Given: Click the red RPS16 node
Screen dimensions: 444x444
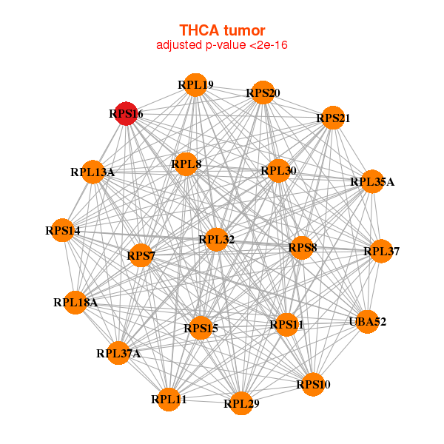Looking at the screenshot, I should pos(127,114).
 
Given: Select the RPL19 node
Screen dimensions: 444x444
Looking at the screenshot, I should pos(195,85).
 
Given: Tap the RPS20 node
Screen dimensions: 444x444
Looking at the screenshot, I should pos(263,93).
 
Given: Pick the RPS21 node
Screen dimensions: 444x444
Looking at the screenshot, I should pos(333,118).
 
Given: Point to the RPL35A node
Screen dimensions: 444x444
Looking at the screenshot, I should pos(372,181).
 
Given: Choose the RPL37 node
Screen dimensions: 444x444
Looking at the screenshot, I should pos(381,252).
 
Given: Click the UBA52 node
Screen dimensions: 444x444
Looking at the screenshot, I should pos(368,322).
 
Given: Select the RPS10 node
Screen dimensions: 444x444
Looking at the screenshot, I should pos(314,384).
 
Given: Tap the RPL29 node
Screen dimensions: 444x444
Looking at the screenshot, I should pos(241,403).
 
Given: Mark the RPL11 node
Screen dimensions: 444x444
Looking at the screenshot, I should pos(169,400).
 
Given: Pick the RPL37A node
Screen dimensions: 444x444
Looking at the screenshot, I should pos(118,353).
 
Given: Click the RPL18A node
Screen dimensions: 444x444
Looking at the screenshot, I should pos(75,302).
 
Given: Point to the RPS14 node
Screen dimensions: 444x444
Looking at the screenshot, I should pos(63,231).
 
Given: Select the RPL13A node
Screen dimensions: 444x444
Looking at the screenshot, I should pos(92,172).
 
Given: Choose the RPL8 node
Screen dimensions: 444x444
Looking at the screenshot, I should pos(186,164).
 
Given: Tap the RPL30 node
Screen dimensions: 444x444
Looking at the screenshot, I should pos(278,171).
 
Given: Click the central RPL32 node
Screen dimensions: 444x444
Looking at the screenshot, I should pos(216,239).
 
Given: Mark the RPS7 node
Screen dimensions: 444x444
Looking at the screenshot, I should pos(141,256).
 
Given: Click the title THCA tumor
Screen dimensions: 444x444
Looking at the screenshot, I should pos(222,30).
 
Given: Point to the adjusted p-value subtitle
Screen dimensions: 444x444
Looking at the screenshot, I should pos(222,45).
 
